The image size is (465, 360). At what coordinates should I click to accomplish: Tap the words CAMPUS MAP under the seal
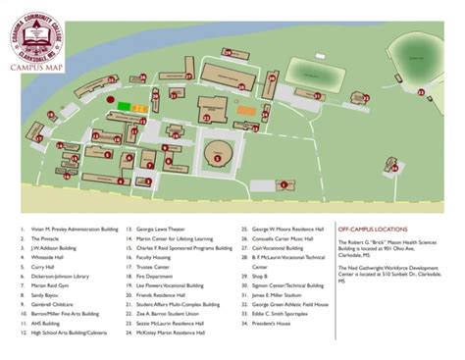pyautogui.click(x=36, y=70)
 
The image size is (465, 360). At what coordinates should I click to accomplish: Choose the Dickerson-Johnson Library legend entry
pyautogui.click(x=60, y=276)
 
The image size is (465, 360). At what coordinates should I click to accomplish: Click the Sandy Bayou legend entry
pyautogui.click(x=45, y=294)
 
